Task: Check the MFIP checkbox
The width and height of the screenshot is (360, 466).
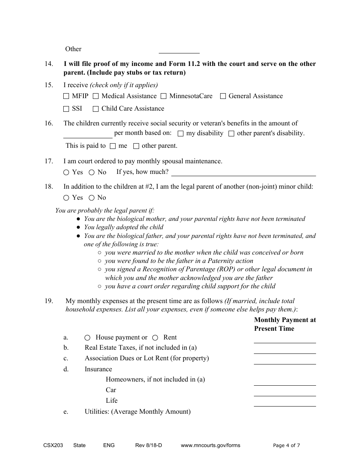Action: pos(66,96)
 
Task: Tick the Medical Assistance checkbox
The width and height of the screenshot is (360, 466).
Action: pos(96,96)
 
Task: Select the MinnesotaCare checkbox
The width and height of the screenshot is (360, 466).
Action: pos(163,96)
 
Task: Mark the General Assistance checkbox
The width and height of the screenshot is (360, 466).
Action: pos(223,96)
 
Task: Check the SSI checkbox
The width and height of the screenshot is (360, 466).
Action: pos(66,109)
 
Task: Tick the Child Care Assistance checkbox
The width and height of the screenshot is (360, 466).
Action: pos(96,109)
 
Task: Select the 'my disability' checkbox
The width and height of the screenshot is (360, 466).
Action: pos(181,133)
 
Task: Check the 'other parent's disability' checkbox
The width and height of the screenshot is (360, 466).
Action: pos(231,133)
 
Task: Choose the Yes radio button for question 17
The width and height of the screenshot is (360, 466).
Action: pos(66,172)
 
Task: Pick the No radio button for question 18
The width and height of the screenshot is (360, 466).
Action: pos(92,198)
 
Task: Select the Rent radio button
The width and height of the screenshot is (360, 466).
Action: pos(155,338)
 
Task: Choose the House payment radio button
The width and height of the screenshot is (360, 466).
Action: pos(88,338)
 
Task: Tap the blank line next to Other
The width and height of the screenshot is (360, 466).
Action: pos(179,50)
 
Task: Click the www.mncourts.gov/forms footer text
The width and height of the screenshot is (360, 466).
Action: pos(210,446)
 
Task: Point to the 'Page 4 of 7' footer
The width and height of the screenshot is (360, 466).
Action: pos(286,446)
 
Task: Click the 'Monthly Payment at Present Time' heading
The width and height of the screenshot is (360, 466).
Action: pos(285,324)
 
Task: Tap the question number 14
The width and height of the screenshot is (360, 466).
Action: pos(49,64)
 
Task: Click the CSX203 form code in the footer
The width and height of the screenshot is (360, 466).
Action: pos(53,446)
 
